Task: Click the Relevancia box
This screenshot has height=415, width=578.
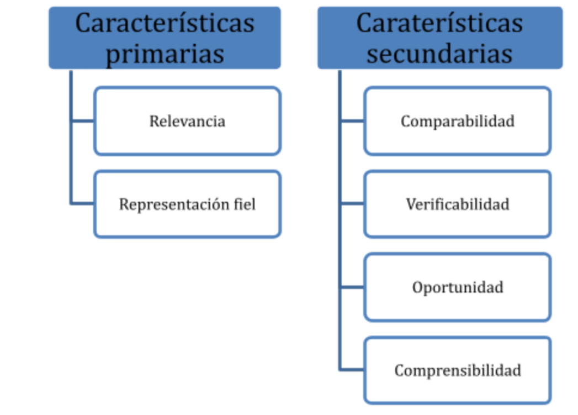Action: pos(187,121)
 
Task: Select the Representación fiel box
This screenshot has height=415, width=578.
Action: pos(187,204)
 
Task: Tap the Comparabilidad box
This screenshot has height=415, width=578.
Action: pos(458,121)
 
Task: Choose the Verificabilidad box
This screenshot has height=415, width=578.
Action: pos(458,204)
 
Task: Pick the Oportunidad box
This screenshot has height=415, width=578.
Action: pos(458,287)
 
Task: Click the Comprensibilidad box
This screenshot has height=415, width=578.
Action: pos(458,370)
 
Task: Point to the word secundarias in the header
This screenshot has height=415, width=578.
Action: pos(439,54)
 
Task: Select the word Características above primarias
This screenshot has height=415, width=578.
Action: pos(165,23)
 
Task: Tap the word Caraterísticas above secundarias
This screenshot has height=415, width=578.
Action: pos(439,23)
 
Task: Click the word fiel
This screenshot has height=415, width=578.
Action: pos(245,204)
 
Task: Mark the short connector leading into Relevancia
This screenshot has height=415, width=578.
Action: pos(83,120)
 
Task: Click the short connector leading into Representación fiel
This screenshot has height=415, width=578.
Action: pos(83,203)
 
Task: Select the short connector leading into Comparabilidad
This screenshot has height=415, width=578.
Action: pos(352,120)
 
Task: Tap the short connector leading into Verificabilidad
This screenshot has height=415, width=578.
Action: pos(352,203)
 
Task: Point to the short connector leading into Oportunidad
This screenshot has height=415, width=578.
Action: pos(352,287)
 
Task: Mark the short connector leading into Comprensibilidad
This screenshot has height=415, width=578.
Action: pos(352,369)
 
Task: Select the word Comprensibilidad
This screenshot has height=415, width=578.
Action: pos(458,371)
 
